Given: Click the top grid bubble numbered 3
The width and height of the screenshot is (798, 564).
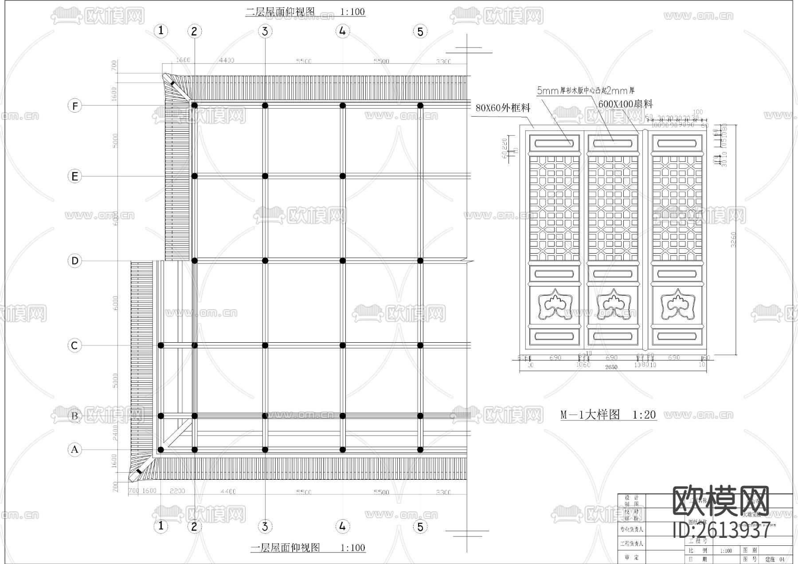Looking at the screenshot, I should [265, 31].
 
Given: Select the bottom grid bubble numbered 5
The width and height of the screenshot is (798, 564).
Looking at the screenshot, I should [420, 526].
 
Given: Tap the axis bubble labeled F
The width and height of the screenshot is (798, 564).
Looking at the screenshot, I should [74, 106].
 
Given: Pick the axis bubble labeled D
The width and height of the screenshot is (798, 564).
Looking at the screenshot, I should [74, 260].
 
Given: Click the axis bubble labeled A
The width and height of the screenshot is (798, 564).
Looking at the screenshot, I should [74, 450].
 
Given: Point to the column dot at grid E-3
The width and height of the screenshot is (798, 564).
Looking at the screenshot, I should [265, 176].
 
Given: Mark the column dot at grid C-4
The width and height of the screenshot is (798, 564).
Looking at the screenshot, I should [342, 345].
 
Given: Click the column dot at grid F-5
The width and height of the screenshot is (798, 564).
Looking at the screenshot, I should [420, 106].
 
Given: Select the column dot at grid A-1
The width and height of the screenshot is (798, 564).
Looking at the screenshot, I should [161, 450].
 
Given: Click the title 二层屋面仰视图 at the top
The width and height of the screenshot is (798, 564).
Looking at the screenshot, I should [280, 12].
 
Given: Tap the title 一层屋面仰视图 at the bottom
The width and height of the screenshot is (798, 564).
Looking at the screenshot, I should [285, 548].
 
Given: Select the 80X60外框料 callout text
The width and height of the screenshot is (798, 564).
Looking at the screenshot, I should [503, 108].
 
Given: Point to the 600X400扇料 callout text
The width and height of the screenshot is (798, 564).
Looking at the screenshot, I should [625, 105].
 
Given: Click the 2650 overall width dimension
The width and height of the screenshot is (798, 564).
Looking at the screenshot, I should [611, 367].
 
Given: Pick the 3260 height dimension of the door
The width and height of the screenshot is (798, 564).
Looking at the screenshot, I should [733, 239].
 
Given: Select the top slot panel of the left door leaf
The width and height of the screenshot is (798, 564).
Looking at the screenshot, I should [554, 143].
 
